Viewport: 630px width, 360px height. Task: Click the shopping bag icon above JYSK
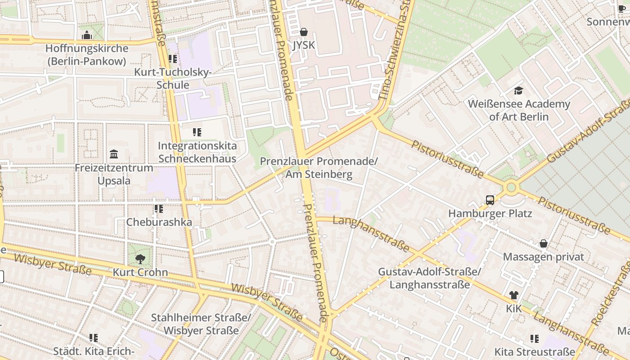click(304, 32)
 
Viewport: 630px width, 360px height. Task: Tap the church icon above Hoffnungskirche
click(87, 35)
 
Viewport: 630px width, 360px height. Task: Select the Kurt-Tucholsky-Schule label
click(173, 78)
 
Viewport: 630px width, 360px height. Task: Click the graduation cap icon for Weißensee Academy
click(518, 91)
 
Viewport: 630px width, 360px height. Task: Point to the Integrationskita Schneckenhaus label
click(197, 152)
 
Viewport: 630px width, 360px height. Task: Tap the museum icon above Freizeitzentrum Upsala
click(114, 154)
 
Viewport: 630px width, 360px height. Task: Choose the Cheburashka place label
click(159, 222)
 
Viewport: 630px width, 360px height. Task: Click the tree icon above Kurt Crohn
click(140, 259)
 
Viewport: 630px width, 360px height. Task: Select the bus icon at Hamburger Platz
click(490, 200)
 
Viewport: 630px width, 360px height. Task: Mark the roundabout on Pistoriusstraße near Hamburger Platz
click(511, 187)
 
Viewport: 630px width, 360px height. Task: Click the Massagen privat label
click(543, 257)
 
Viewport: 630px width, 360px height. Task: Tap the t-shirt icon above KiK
click(513, 295)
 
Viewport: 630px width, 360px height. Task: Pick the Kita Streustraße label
click(535, 351)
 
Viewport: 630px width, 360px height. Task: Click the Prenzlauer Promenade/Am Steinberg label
click(319, 167)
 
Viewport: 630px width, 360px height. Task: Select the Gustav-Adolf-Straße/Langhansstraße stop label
click(429, 278)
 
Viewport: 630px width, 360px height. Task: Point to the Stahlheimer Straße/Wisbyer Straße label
click(201, 324)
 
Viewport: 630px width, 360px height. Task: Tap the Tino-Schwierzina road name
click(396, 49)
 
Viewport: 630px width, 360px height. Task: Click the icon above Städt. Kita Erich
click(94, 337)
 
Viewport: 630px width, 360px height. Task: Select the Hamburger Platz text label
click(490, 213)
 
